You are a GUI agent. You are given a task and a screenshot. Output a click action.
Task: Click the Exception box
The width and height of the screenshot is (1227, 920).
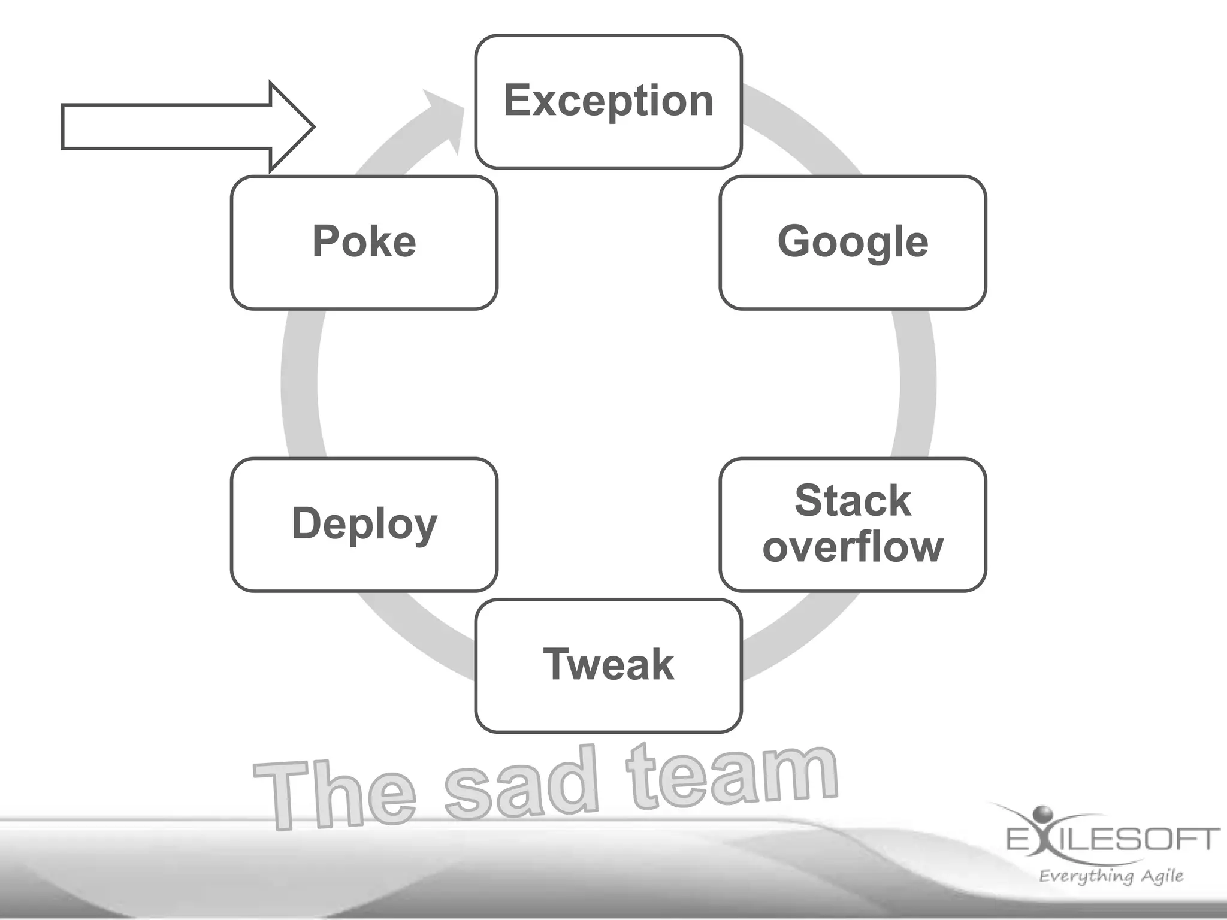[608, 101]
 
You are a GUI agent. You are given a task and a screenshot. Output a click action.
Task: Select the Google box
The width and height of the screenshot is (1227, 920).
[853, 242]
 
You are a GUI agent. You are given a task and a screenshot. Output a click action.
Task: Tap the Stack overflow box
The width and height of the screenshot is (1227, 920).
[853, 525]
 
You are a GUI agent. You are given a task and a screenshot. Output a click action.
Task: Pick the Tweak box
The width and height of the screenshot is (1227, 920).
[608, 665]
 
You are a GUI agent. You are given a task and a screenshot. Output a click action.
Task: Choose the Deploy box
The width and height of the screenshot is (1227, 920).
[364, 525]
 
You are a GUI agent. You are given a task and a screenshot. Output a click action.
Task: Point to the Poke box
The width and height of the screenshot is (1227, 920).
[364, 242]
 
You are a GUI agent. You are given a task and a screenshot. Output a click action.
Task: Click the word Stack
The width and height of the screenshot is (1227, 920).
[853, 501]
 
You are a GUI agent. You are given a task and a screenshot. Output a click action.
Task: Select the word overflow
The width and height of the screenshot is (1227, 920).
[853, 547]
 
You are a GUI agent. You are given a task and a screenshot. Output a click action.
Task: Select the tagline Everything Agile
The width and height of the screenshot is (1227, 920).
[1111, 876]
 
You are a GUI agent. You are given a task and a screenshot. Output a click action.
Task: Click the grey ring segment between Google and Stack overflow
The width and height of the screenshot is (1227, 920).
[917, 383]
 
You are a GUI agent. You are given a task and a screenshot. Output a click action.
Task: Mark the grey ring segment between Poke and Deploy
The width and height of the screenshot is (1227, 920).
[300, 383]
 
